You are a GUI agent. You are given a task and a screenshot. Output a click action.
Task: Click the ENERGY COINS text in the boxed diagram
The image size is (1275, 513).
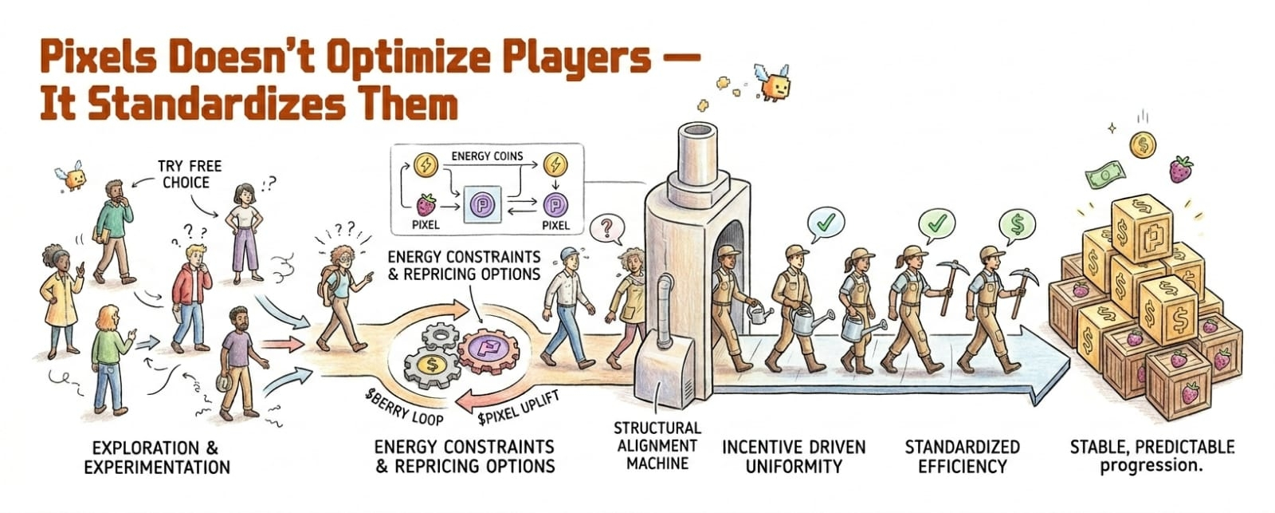pyautogui.click(x=487, y=156)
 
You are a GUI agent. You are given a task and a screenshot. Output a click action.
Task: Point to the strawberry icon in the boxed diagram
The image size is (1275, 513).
pyautogui.click(x=426, y=205)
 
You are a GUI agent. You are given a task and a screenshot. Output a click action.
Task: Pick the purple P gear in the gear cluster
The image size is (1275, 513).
pyautogui.click(x=487, y=349)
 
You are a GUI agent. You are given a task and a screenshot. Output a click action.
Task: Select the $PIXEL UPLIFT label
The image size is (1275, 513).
pyautogui.click(x=519, y=408)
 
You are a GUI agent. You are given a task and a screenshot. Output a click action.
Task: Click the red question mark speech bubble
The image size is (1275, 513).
pyautogui.click(x=606, y=228)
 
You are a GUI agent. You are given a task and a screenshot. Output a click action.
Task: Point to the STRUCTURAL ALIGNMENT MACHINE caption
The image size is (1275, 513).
pyautogui.click(x=657, y=446)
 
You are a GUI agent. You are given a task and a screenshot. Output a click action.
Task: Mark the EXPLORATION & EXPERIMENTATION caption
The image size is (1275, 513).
pyautogui.click(x=156, y=457)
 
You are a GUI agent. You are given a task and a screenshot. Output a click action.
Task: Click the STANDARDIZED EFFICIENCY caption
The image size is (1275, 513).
pyautogui.click(x=963, y=456)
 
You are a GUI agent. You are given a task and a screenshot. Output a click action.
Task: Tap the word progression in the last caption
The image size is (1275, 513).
pyautogui.click(x=1151, y=466)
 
